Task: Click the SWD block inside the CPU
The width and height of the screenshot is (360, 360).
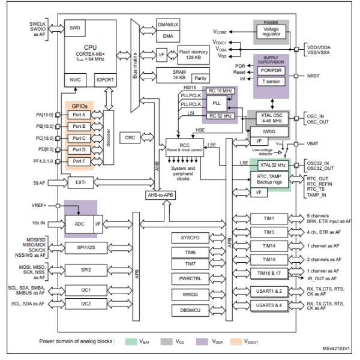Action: pyautogui.click(x=74, y=28)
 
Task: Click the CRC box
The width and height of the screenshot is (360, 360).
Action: pyautogui.click(x=130, y=137)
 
